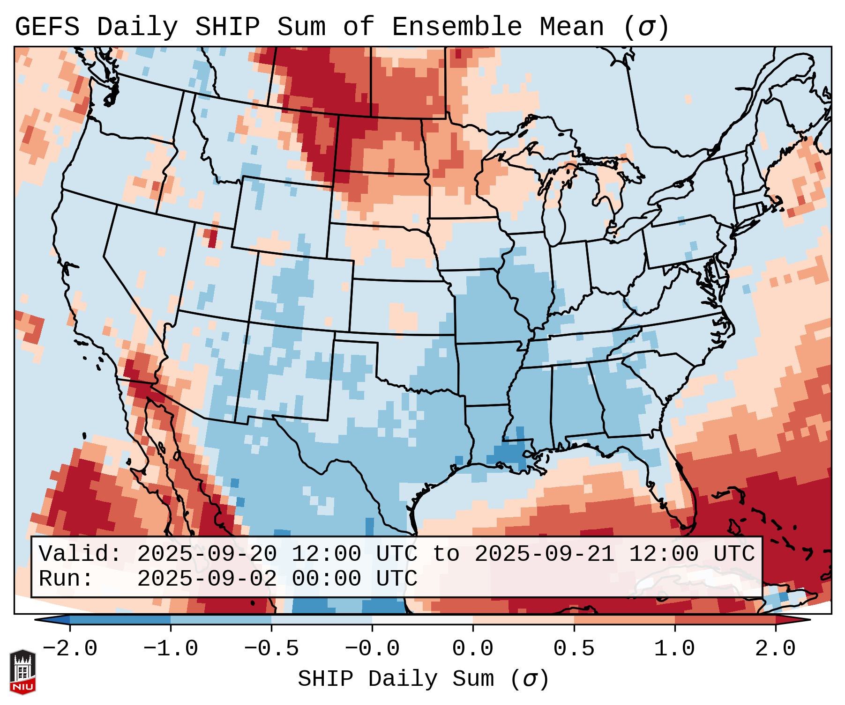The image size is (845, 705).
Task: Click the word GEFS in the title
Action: tap(47, 27)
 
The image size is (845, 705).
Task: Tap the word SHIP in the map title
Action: tap(227, 27)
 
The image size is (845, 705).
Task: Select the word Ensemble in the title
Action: tap(456, 27)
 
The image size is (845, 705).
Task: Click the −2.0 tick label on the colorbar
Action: tap(70, 649)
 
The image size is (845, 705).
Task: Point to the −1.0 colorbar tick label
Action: tap(171, 649)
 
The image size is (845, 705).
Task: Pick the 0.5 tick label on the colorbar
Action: tap(574, 649)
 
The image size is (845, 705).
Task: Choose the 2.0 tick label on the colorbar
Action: tap(776, 649)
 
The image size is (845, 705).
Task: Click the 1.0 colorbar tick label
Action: tap(675, 649)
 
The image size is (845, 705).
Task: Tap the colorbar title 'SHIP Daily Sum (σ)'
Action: tap(423, 679)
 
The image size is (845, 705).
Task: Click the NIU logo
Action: tap(22, 671)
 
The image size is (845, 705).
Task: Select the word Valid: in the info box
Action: tap(80, 554)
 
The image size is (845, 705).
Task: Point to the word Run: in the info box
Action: tap(66, 579)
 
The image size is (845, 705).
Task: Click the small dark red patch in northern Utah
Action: tap(212, 238)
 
